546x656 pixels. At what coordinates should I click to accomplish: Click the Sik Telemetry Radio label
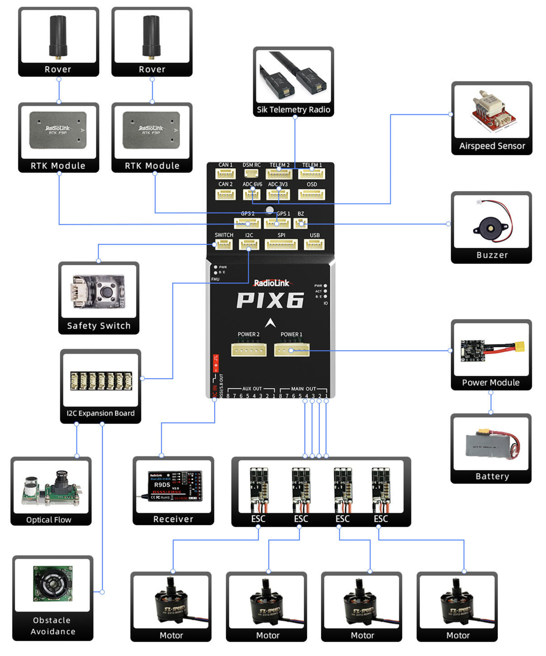[x=293, y=110]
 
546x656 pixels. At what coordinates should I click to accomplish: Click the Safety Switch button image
[x=98, y=291]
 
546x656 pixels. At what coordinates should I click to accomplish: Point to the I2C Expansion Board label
[x=100, y=413]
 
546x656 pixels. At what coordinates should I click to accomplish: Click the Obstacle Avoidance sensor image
[x=52, y=584]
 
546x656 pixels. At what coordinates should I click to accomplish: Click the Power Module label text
[x=491, y=382]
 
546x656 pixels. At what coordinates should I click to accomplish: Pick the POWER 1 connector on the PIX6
[x=292, y=350]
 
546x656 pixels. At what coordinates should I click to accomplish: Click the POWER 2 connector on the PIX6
[x=248, y=350]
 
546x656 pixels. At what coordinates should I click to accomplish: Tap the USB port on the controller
[x=314, y=245]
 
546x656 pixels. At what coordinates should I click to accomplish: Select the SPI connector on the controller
[x=281, y=245]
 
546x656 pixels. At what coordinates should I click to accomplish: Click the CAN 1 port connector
[x=225, y=174]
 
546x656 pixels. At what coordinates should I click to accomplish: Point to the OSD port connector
[x=312, y=194]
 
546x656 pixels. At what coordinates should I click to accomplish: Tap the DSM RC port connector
[x=252, y=173]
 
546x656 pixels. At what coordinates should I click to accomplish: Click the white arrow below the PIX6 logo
[x=270, y=323]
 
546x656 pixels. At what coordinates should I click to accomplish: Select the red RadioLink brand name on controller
[x=271, y=283]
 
